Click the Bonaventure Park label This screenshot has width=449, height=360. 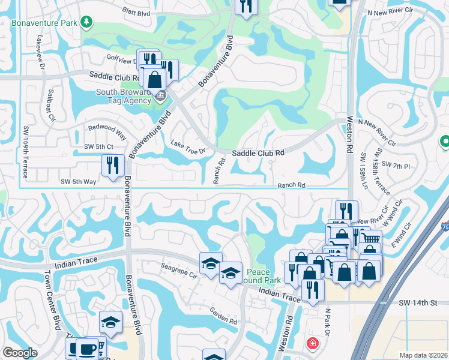pos(46,23)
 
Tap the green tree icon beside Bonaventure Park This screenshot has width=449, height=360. pos(87,23)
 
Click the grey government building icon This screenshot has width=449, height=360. pos(161,95)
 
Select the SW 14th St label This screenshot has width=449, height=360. pos(418,304)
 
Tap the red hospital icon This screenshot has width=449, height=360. pos(312,344)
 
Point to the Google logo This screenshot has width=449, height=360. pos(20,353)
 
